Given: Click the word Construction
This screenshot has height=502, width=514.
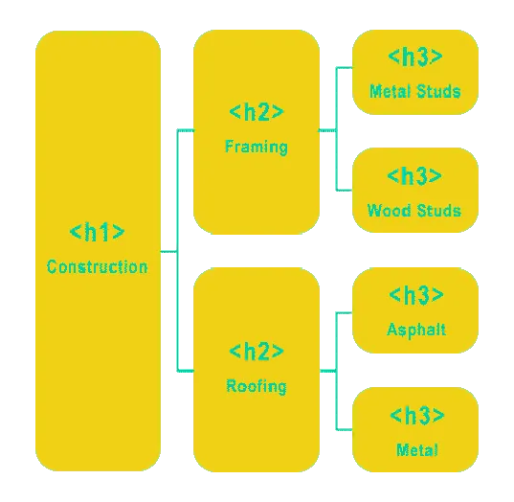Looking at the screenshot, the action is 97,266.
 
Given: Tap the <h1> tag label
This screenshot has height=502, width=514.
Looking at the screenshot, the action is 97,232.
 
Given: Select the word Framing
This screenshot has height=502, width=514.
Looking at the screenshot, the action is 257,147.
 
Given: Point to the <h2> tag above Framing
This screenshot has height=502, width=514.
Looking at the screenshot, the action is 257,111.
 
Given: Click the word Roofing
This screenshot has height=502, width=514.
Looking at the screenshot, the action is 257,386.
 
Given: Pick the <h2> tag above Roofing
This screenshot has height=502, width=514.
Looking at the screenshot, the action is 257,351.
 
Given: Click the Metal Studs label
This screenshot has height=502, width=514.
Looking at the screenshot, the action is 415,91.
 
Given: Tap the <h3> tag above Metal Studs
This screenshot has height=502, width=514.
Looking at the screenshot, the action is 415,57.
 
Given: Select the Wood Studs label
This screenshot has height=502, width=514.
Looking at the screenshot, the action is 414,211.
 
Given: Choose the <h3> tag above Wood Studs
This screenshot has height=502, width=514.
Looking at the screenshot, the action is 414,176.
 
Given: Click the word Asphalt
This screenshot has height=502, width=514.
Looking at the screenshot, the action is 416,330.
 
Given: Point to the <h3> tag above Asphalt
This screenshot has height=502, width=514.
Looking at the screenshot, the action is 416,295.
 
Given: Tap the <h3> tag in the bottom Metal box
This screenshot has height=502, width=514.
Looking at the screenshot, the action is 417,416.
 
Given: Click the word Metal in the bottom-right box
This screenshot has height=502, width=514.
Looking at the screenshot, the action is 417,449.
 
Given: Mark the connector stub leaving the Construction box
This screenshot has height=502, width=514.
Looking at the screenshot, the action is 168,252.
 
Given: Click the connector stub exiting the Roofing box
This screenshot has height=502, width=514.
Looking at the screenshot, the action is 327,371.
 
